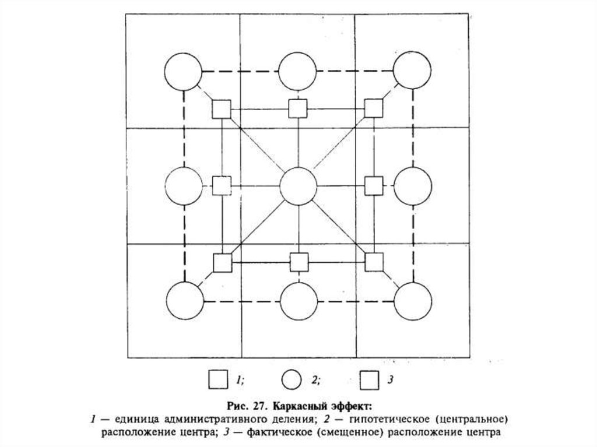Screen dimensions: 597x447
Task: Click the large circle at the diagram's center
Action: click(x=298, y=186)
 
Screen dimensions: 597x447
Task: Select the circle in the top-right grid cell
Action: click(x=412, y=71)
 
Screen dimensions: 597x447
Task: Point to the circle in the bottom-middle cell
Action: click(x=298, y=301)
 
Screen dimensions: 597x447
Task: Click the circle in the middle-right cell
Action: click(x=413, y=186)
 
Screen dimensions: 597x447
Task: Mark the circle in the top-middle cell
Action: click(x=298, y=72)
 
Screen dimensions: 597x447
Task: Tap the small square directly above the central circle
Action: click(x=298, y=108)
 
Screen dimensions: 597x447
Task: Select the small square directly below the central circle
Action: click(x=299, y=263)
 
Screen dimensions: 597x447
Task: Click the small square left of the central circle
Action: click(x=221, y=186)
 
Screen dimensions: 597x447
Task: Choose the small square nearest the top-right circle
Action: click(x=374, y=108)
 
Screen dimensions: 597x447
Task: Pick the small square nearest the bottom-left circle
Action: click(x=222, y=263)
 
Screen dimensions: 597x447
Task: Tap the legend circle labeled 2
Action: click(x=291, y=380)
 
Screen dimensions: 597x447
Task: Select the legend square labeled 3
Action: click(x=368, y=380)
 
